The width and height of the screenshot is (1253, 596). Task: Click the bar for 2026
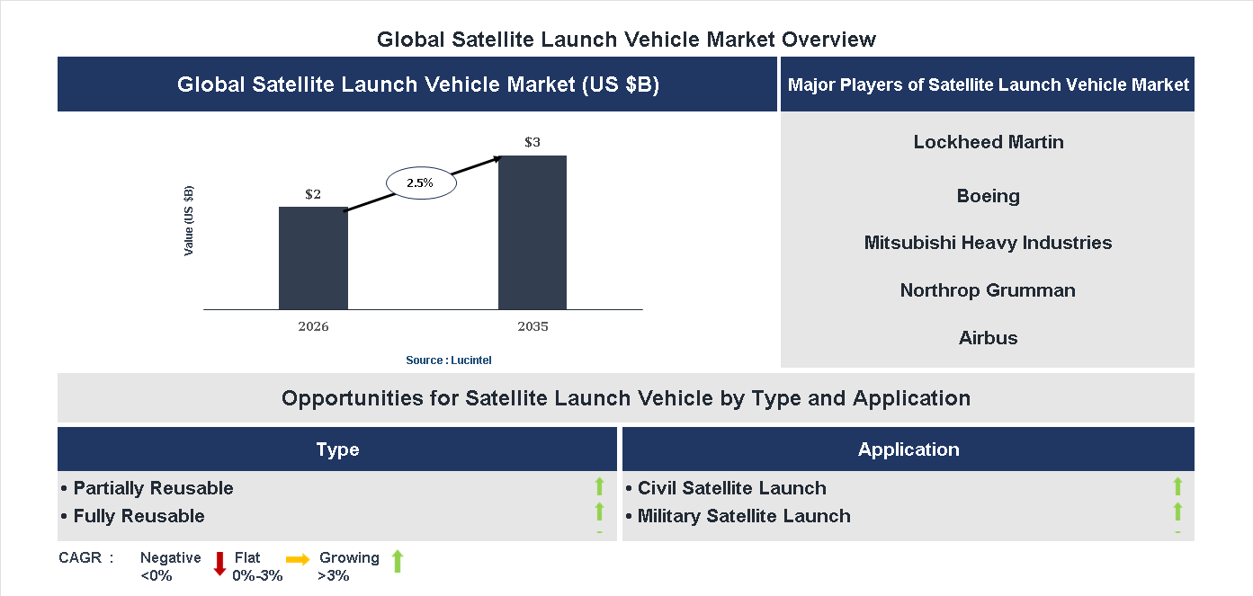click(x=313, y=258)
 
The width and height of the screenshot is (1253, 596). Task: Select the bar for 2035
click(x=533, y=233)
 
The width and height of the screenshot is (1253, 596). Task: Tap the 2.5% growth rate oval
click(x=420, y=182)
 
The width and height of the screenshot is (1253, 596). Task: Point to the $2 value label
click(x=313, y=194)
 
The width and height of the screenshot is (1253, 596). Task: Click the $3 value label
click(x=533, y=142)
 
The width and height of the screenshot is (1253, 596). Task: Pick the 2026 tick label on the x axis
click(x=313, y=326)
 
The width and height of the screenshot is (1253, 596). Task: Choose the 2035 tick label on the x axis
click(x=533, y=326)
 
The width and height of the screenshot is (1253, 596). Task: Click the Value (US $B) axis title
click(x=189, y=221)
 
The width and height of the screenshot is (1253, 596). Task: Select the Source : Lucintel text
click(x=449, y=360)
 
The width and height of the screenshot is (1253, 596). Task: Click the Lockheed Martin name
click(x=988, y=142)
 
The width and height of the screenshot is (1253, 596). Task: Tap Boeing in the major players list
click(x=988, y=196)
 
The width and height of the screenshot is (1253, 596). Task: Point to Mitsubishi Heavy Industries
click(x=988, y=243)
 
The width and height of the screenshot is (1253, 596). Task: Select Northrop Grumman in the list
click(x=988, y=290)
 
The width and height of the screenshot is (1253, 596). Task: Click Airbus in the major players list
click(x=988, y=338)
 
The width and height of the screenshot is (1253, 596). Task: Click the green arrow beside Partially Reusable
click(x=599, y=487)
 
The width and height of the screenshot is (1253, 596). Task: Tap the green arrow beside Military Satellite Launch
click(x=1177, y=512)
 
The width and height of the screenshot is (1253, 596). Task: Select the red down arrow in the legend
click(x=219, y=564)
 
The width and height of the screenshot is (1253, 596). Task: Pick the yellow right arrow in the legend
click(x=298, y=559)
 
